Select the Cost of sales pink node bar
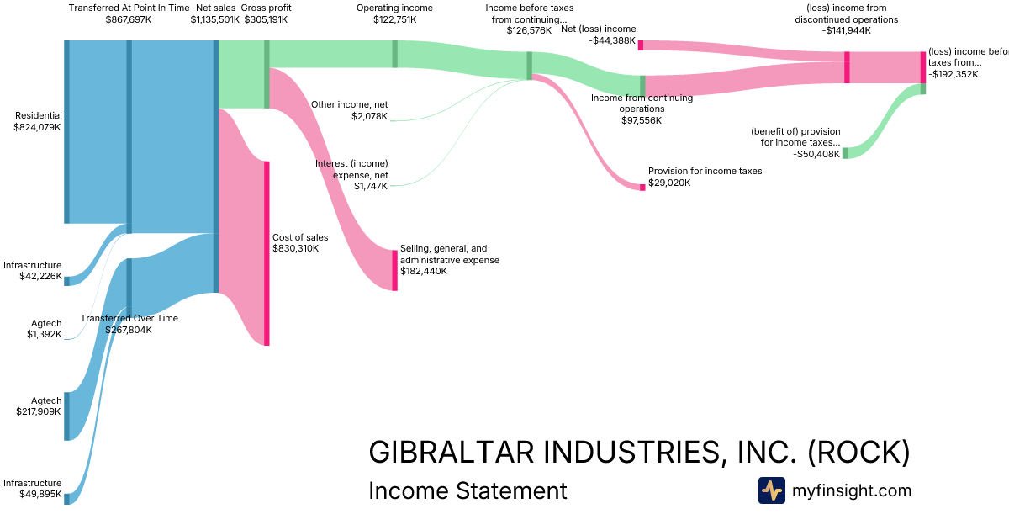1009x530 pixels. click(267, 252)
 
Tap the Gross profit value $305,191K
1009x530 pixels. click(267, 19)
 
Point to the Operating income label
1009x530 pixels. click(394, 8)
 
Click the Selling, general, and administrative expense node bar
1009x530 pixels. click(394, 270)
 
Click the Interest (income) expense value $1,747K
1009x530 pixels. click(371, 186)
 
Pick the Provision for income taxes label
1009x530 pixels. click(705, 171)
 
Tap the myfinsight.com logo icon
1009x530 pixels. click(771, 490)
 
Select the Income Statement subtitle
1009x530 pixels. click(468, 490)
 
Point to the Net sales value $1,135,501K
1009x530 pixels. click(214, 19)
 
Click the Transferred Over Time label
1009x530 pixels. click(129, 318)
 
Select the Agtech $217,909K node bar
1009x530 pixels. click(67, 416)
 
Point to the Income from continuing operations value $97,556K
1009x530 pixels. click(642, 120)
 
